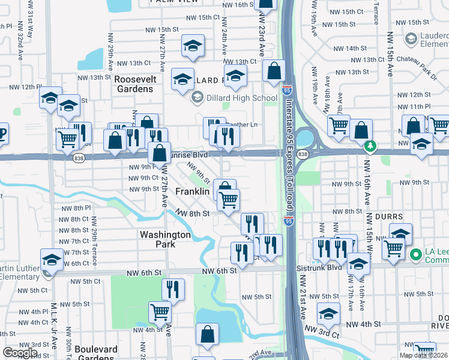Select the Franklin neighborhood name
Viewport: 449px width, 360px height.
192,191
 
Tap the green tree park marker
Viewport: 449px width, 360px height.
372,145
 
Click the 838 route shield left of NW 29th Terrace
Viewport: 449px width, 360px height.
79,158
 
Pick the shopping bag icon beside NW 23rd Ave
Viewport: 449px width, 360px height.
274,71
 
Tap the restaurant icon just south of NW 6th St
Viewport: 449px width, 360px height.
173,289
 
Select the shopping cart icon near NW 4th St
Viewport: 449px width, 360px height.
160,311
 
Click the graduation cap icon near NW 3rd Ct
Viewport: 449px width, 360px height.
328,313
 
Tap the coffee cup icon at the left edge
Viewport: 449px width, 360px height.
2,133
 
